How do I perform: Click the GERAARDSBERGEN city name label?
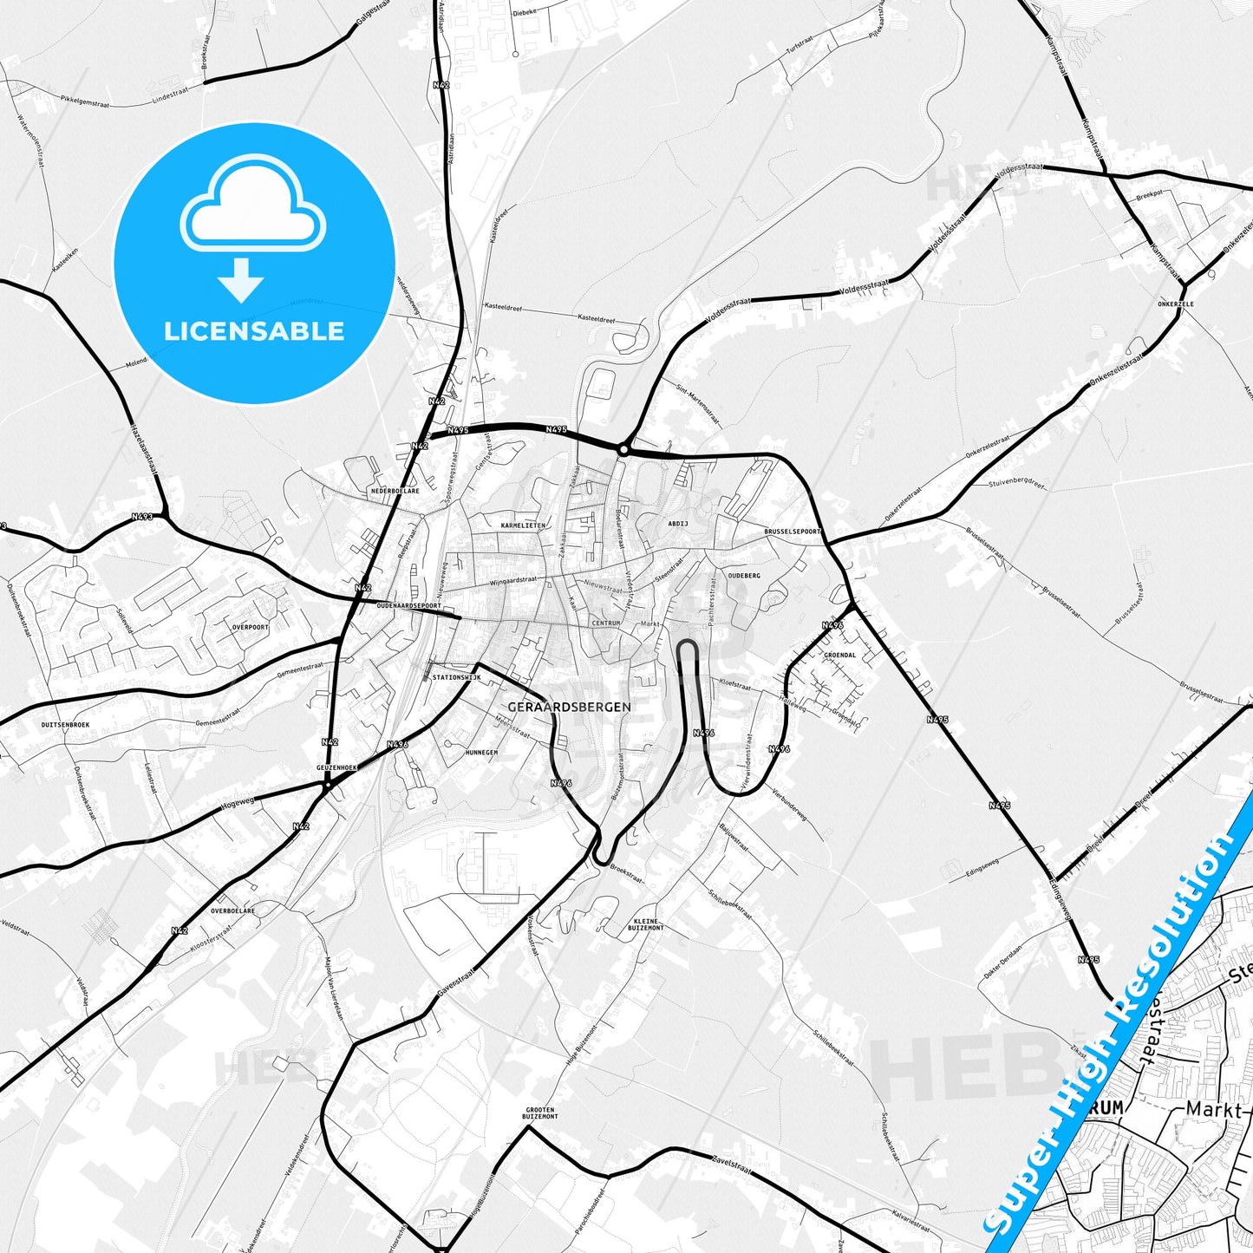click(569, 707)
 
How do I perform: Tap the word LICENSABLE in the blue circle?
click(254, 331)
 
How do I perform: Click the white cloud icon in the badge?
click(252, 205)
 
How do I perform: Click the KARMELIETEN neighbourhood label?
click(523, 525)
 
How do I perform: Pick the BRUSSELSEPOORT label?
click(793, 531)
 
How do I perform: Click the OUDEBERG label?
click(744, 576)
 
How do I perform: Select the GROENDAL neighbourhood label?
click(839, 656)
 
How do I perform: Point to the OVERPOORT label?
click(250, 626)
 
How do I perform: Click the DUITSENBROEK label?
click(65, 724)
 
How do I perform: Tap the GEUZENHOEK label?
click(337, 768)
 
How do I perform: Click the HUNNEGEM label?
click(480, 752)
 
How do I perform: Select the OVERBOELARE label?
click(232, 911)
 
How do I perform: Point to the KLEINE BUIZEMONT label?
click(649, 924)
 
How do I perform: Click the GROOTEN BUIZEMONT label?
click(541, 1113)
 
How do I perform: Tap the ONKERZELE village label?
click(1175, 304)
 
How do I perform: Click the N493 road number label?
click(142, 517)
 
